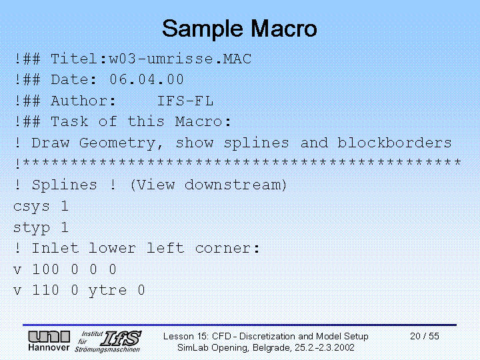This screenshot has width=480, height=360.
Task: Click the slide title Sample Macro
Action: point(239,29)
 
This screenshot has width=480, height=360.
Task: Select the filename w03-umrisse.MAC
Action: point(180,59)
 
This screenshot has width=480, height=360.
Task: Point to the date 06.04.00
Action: point(147,79)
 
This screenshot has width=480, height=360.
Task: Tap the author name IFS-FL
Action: point(185,101)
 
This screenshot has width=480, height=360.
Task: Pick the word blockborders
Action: point(394,143)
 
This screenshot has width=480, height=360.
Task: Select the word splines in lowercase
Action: point(257,143)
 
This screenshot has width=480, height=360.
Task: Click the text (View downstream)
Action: point(209,185)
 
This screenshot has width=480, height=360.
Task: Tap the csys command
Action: point(31,207)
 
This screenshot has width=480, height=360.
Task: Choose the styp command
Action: point(31,228)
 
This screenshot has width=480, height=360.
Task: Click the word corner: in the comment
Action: point(227,248)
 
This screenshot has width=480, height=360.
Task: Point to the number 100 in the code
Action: point(45,269)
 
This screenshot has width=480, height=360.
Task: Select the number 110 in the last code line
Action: point(45,290)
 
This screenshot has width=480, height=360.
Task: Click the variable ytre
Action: point(107,291)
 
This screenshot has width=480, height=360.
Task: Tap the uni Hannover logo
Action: point(49,341)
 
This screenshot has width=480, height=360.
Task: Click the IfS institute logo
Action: point(108,341)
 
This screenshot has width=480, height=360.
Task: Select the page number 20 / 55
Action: point(425,336)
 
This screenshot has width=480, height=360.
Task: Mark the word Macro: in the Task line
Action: point(203,121)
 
